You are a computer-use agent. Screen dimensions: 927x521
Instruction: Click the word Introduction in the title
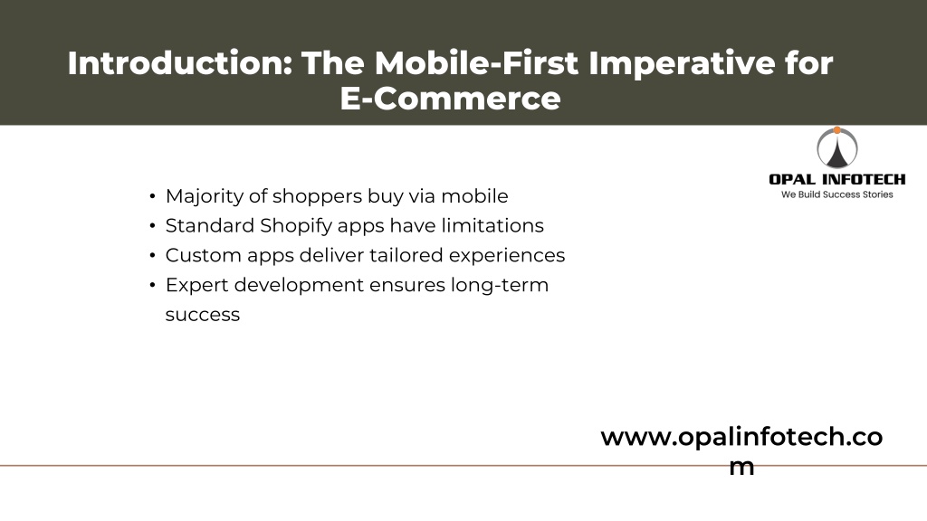point(180,62)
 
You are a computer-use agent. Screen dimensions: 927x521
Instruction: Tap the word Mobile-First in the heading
point(476,62)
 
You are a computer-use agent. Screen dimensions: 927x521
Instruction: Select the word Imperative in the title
point(682,64)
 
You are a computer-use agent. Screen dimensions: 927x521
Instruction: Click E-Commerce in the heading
point(451,98)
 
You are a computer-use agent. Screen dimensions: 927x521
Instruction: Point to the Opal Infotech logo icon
point(837,147)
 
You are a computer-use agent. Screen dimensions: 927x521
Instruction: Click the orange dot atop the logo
point(837,130)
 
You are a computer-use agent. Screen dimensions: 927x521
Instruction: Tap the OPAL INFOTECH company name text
point(837,179)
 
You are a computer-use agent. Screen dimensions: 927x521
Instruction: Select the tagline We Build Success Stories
point(837,194)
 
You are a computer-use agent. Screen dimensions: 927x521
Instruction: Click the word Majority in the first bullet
point(204,196)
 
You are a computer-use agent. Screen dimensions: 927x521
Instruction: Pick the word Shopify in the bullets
point(296,226)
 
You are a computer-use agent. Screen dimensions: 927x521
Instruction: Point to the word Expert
point(196,285)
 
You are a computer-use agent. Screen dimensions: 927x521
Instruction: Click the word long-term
point(500,285)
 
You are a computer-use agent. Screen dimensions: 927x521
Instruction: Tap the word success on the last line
point(203,315)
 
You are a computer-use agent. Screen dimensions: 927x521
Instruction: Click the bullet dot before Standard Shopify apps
point(152,226)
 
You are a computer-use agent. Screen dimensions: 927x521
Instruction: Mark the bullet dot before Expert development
point(152,285)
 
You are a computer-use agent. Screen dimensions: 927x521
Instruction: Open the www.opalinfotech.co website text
point(741,438)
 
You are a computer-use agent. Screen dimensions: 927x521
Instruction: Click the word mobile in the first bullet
point(474,196)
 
